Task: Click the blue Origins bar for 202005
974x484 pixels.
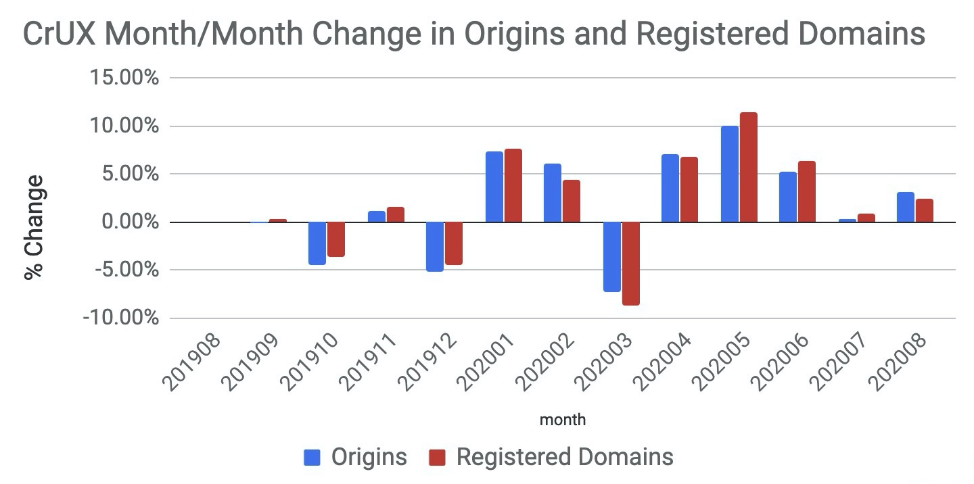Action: [729, 174]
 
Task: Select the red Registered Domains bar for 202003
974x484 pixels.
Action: [630, 264]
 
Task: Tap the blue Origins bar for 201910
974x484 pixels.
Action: [317, 243]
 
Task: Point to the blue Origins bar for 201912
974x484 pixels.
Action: [435, 246]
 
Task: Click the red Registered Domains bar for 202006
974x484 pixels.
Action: [806, 191]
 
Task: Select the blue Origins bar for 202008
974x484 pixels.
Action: [905, 207]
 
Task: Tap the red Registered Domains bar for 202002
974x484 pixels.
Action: [572, 201]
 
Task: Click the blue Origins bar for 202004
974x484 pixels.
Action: [670, 188]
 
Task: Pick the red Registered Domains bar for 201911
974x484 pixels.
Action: [395, 214]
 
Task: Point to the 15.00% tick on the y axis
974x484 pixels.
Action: [124, 78]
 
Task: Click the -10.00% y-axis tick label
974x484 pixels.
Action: [120, 318]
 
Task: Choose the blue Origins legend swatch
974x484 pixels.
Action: [312, 457]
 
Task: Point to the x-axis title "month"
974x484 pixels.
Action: [563, 420]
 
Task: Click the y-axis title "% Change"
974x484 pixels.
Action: [34, 226]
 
